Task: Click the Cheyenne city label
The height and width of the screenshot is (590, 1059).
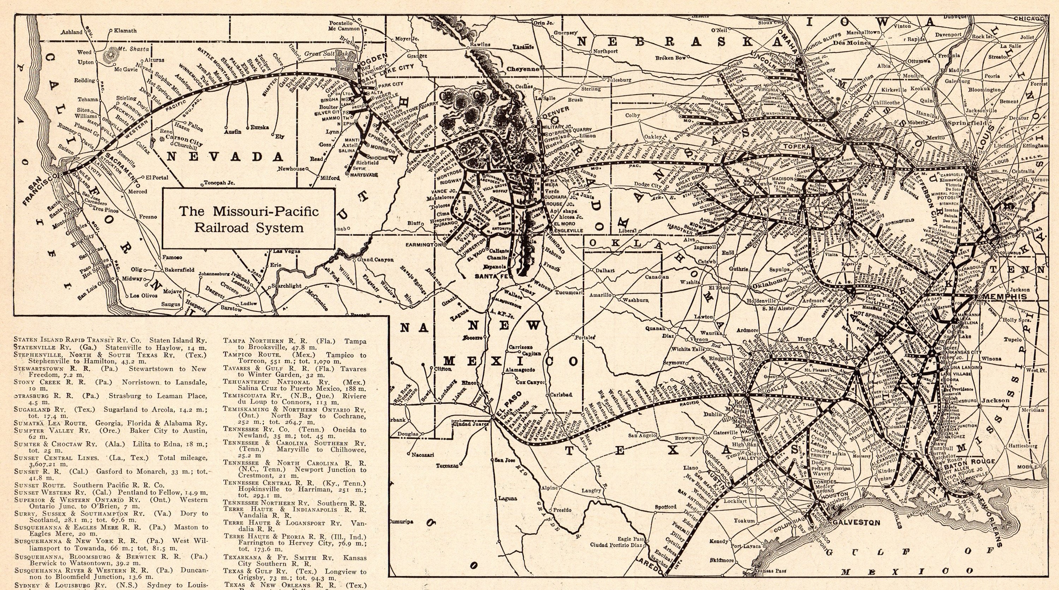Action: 523,69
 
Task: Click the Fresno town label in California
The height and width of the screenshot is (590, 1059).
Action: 148,217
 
